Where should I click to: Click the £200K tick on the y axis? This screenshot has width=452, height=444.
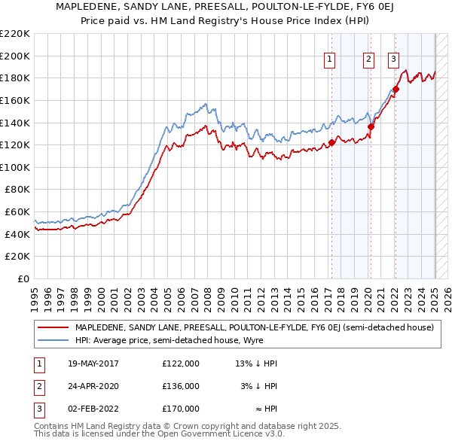[15, 56]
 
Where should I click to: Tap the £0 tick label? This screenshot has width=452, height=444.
[25, 278]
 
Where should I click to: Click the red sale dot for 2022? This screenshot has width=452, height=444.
[395, 90]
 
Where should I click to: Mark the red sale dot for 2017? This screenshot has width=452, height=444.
[331, 143]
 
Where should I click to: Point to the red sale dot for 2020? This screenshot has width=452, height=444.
[371, 127]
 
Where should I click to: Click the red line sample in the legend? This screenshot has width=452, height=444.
[52, 328]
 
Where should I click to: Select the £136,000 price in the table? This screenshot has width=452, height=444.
[181, 386]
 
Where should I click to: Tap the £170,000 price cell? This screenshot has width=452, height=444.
[181, 409]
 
